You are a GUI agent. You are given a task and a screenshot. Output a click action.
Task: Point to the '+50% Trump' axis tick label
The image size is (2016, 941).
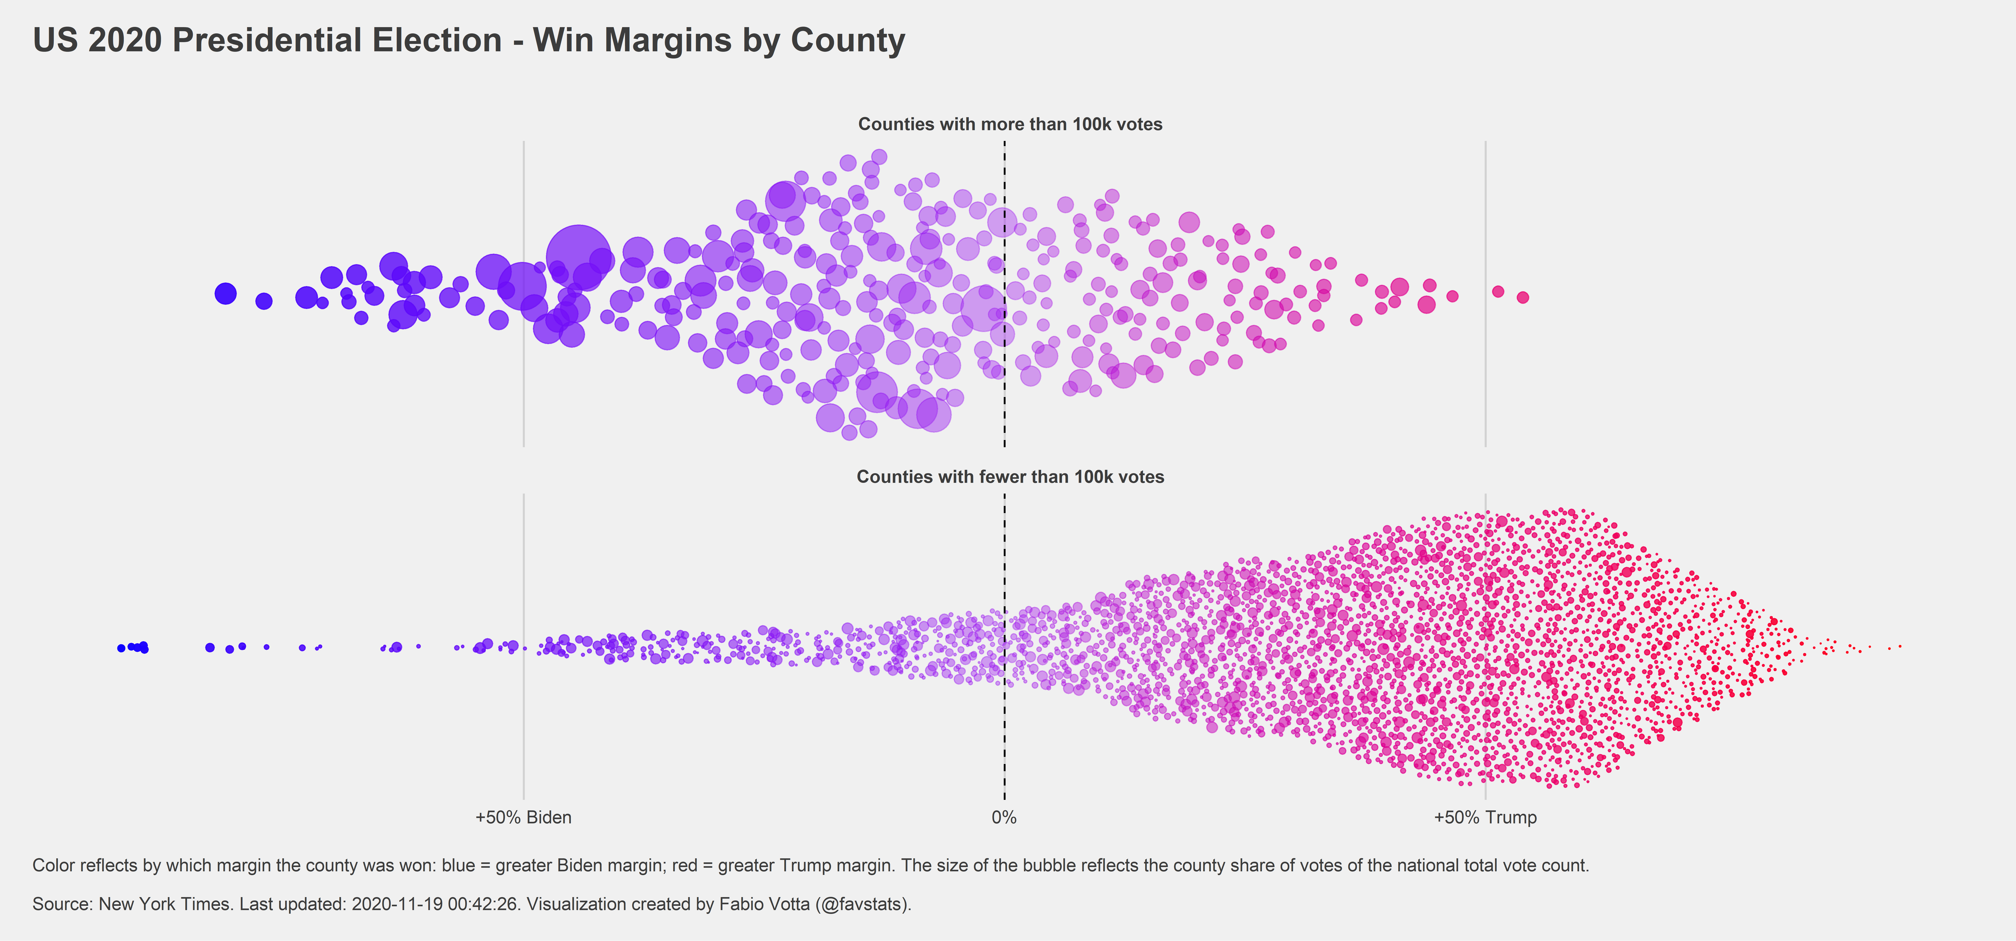1485,817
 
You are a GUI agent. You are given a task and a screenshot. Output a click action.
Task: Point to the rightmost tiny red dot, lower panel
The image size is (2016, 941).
1900,646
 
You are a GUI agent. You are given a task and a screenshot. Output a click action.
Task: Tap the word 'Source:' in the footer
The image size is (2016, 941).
63,904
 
